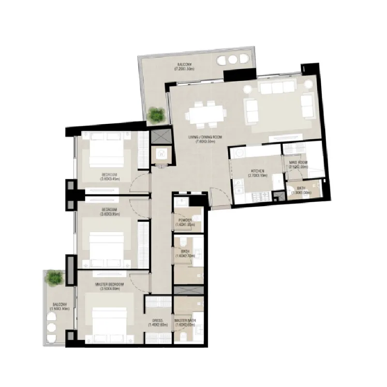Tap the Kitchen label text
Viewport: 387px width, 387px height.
click(257, 171)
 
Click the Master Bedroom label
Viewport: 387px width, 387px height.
click(109, 284)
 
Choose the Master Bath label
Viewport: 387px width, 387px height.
click(185, 320)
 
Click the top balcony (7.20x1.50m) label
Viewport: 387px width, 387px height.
click(184, 64)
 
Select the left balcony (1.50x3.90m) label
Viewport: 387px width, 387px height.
click(60, 305)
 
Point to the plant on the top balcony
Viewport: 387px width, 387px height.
click(157, 115)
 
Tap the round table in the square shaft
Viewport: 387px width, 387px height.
click(161, 154)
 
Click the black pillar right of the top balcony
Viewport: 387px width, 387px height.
click(239, 74)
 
